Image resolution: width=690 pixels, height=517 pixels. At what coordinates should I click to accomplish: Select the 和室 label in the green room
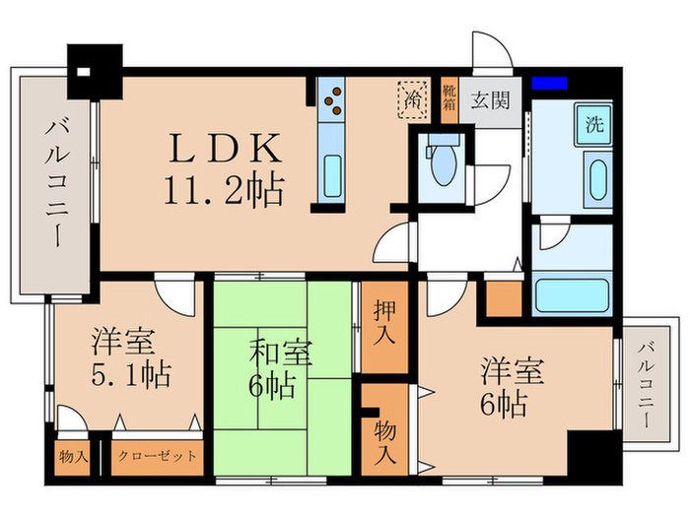(279, 351)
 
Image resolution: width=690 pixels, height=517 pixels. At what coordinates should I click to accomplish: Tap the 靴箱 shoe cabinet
(449, 100)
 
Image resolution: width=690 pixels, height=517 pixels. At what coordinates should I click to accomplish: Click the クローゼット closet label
(157, 457)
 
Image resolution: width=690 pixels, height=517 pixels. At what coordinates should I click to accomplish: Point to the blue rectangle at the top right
(549, 84)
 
